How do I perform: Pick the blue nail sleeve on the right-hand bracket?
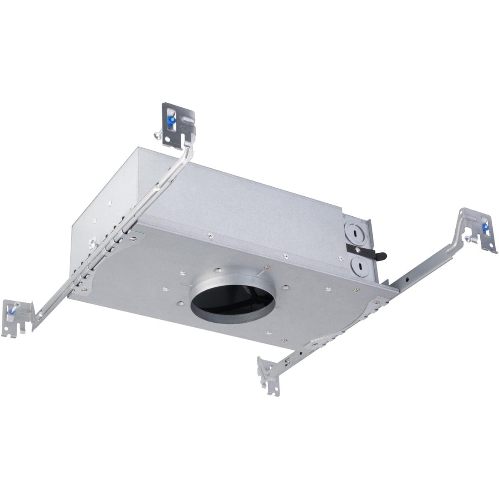tap(484, 227)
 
